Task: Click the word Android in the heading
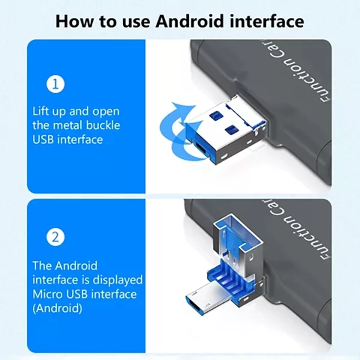(187, 21)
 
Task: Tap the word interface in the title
(266, 21)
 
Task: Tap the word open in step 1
(108, 111)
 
